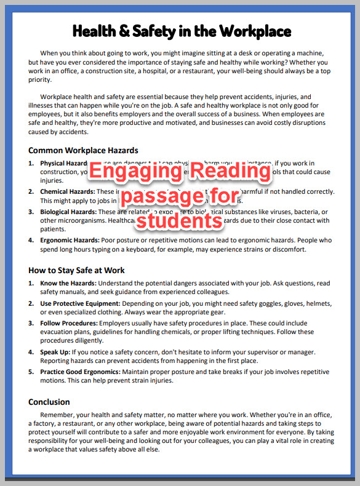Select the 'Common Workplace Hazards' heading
(83, 150)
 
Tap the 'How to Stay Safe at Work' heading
(76, 270)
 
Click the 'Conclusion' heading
(49, 402)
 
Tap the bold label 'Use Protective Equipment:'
(81, 304)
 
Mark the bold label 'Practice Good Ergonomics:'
(81, 372)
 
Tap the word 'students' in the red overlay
(178, 219)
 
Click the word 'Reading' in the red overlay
(234, 173)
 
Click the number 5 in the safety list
(31, 372)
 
